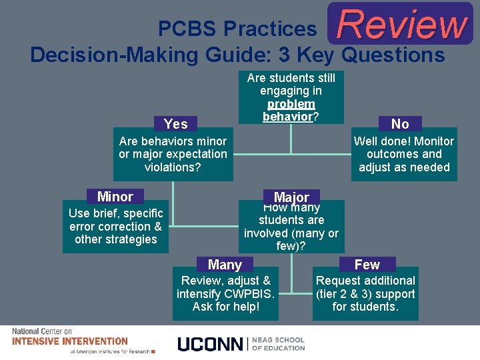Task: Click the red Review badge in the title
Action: (401, 24)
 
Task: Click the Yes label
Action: (176, 123)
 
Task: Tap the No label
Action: (400, 123)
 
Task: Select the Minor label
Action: (115, 197)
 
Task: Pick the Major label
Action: (291, 197)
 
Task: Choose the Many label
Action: (225, 265)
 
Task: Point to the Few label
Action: (367, 265)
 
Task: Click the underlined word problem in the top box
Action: (291, 104)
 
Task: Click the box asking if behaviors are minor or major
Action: (173, 155)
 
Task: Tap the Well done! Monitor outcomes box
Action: (403, 155)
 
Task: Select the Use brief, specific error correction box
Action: (115, 227)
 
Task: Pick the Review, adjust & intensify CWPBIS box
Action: (225, 294)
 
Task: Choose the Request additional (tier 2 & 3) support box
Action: (365, 294)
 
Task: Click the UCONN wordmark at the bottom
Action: (211, 344)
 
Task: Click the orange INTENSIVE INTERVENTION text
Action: (70, 341)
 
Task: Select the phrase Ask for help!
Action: (225, 307)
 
